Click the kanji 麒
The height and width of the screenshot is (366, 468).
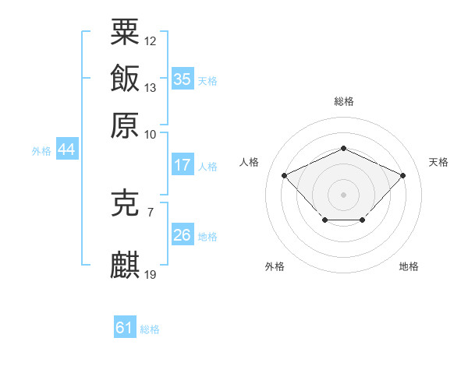point(125,265)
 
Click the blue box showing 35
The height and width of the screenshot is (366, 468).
point(182,79)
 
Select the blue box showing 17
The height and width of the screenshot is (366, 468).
point(182,165)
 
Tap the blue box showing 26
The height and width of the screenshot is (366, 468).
point(182,235)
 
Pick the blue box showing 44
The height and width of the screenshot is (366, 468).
point(66,150)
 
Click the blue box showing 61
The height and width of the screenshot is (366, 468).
point(125,328)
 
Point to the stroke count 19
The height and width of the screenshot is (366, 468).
point(151,274)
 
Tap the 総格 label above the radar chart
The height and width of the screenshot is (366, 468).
point(343,101)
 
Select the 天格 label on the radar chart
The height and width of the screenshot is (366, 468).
point(438,162)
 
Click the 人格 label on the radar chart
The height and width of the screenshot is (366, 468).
point(250,162)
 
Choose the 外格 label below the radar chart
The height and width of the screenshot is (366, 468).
point(275,266)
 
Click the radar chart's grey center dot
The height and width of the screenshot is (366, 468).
point(343,193)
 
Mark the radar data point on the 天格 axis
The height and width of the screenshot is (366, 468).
point(402,175)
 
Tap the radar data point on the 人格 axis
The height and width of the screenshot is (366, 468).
point(285,175)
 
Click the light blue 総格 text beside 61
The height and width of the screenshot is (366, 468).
point(150,329)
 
